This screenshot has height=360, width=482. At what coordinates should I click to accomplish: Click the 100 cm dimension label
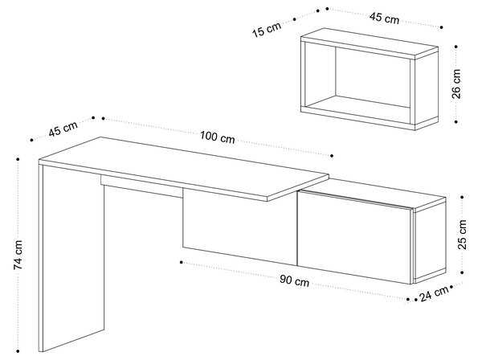pos(218,137)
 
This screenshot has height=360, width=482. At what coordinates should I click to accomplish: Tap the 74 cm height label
pos(18,255)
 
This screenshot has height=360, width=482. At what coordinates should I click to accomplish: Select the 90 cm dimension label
pos(294,280)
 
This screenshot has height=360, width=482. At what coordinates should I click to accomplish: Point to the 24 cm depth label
pos(434,294)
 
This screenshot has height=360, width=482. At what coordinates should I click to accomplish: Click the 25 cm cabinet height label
pos(462,235)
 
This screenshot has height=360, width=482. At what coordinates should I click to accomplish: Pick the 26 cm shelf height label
pos(456,84)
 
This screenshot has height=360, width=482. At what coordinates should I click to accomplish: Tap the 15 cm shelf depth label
pos(267,29)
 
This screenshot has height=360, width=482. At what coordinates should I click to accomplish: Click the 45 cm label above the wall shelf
pos(384,18)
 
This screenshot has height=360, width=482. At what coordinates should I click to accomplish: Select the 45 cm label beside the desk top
pos(63,129)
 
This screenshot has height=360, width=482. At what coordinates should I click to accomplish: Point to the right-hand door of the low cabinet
pos(353,237)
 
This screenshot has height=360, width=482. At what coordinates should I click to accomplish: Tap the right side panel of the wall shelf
pos(427,89)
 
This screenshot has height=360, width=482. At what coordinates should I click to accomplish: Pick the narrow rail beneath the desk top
pos(141,186)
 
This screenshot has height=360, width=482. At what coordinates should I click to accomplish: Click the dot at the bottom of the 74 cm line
pos(18,351)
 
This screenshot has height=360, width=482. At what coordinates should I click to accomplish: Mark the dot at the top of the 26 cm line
pos(455,47)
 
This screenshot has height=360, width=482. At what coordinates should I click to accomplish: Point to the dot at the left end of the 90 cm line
pos(182,262)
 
